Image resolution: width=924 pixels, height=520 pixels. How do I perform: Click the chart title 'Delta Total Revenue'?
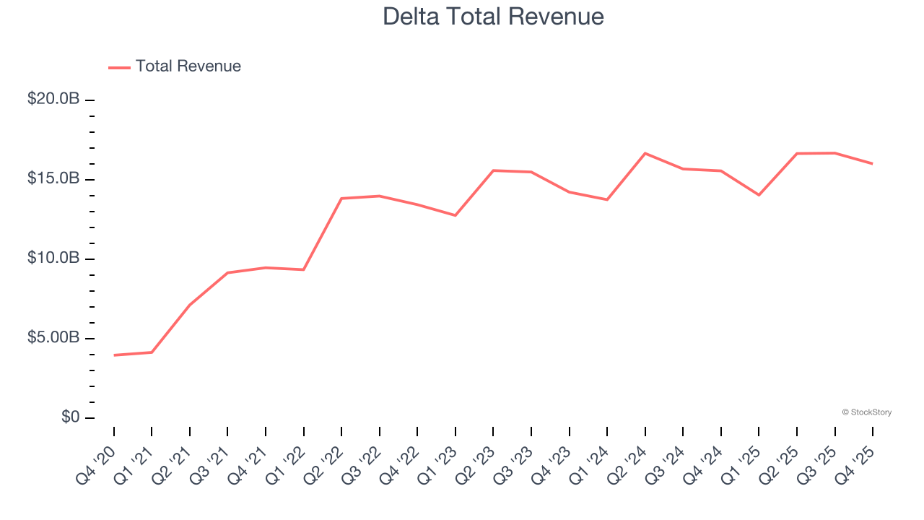(x=493, y=16)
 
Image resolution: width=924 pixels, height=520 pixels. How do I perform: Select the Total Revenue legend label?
(x=188, y=66)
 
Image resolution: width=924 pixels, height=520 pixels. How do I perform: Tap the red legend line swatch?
(x=119, y=67)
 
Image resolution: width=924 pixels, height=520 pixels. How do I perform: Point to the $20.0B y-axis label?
(x=53, y=99)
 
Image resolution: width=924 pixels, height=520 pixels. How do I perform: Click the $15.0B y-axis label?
(x=53, y=178)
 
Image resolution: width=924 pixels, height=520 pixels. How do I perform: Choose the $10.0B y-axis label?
(x=53, y=259)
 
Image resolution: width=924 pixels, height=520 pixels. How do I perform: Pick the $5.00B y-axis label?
(x=53, y=338)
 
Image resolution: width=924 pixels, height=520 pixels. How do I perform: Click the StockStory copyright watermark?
(x=866, y=412)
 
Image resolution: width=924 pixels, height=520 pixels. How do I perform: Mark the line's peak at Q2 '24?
(x=645, y=153)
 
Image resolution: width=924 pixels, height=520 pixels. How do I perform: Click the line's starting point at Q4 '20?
(x=114, y=355)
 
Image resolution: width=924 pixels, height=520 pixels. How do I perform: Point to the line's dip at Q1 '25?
(x=759, y=195)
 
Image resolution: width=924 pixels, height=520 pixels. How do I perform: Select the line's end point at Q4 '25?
(x=872, y=163)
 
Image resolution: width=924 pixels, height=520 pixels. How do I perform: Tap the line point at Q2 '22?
(x=341, y=198)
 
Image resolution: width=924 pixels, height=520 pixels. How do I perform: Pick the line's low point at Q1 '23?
(x=456, y=215)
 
